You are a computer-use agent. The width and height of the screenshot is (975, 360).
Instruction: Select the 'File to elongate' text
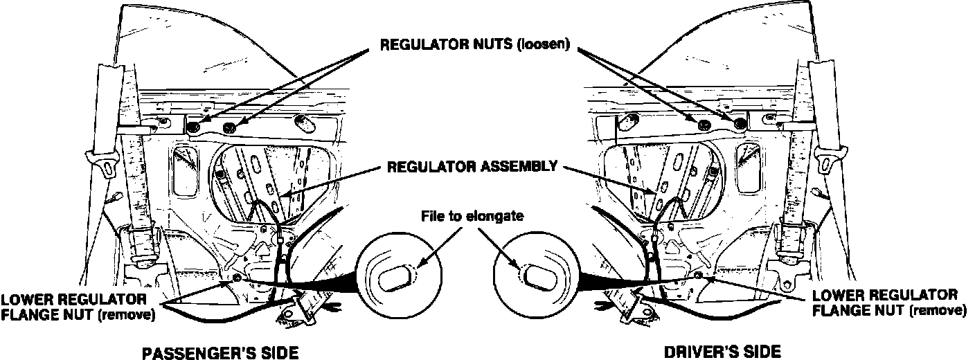[472, 216]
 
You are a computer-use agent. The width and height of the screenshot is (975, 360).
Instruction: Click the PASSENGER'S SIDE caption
[220, 352]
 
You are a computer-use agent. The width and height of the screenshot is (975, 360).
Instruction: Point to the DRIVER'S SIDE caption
[722, 352]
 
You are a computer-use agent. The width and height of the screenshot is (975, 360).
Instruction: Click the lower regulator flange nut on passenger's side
[237, 278]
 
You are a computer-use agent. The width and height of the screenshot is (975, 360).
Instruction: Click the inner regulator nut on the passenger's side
[231, 127]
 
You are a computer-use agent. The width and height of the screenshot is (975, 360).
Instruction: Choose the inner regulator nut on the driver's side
[704, 125]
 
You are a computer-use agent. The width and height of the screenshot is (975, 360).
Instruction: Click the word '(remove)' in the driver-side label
[938, 310]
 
